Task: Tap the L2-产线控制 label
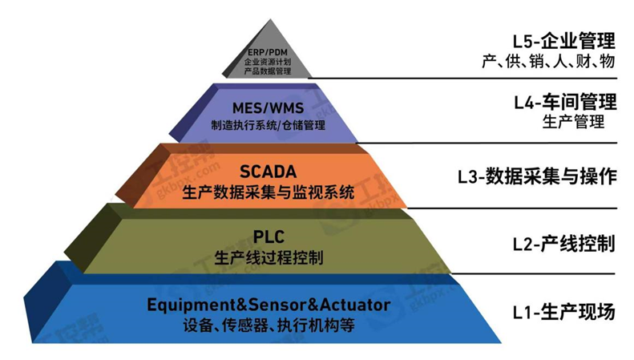[564, 242]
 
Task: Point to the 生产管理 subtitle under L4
[573, 122]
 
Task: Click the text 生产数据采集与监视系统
[268, 192]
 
